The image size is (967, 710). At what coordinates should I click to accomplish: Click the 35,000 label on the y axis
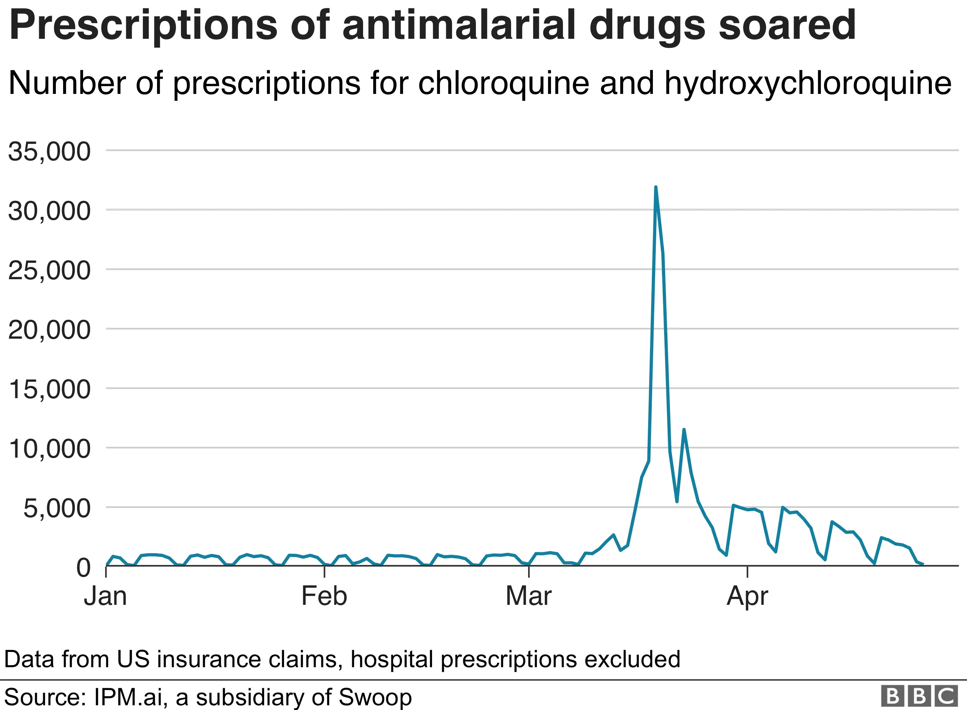[x=49, y=151]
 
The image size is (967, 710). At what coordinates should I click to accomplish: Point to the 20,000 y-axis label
[x=49, y=330]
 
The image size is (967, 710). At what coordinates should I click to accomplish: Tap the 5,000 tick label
[x=57, y=508]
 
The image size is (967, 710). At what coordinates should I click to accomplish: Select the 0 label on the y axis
[x=83, y=568]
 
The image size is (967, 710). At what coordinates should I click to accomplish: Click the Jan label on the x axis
[x=105, y=596]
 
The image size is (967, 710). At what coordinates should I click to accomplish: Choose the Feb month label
[x=324, y=596]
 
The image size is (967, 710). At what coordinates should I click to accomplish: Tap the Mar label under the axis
[x=528, y=596]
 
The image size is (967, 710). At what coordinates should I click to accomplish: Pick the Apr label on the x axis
[x=748, y=597]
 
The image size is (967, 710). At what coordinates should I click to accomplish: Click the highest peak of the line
[x=655, y=187]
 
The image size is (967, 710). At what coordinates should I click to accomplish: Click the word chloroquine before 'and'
[x=503, y=83]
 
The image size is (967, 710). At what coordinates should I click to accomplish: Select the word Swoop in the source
[x=375, y=697]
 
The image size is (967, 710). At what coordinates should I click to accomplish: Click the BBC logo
[x=919, y=696]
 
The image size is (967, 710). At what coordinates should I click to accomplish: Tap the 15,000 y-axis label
[x=49, y=389]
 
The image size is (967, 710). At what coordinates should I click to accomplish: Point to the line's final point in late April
[x=923, y=564]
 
